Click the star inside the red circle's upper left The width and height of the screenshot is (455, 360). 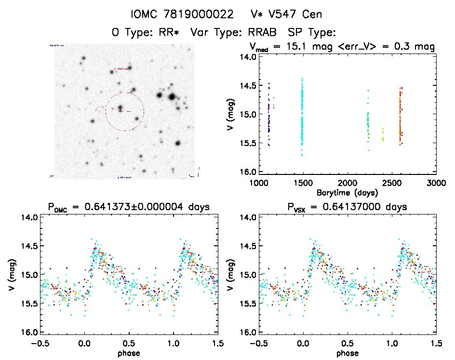point(120,108)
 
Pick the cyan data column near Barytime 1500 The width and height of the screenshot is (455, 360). point(302,116)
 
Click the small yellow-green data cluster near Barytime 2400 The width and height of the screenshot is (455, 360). point(383,135)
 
